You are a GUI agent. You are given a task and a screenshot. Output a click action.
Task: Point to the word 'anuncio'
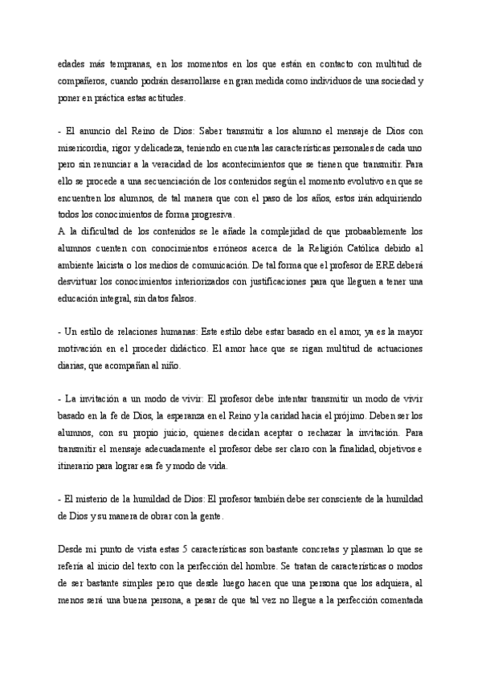pyautogui.click(x=98, y=131)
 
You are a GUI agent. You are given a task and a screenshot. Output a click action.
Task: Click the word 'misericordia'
pyautogui.click(x=86, y=149)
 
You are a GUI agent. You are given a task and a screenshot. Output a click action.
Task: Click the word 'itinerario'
pyautogui.click(x=79, y=467)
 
